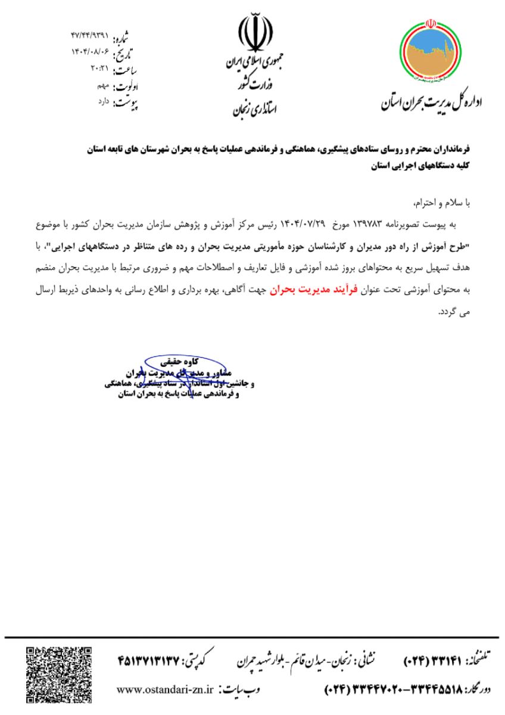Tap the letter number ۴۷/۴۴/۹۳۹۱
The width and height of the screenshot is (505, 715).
89,29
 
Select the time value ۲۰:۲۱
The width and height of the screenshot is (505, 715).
98,70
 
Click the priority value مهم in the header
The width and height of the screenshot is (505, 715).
104,86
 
